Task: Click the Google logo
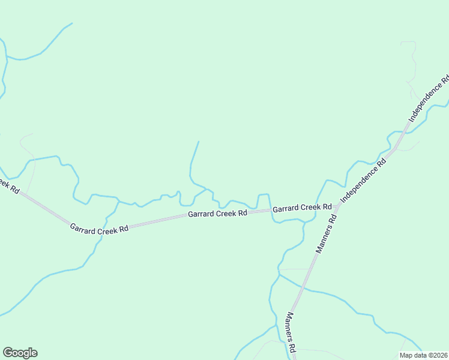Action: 20,353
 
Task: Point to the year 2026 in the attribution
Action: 441,355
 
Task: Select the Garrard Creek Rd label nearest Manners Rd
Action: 302,208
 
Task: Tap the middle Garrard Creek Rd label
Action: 217,214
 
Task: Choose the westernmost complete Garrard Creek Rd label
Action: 99,229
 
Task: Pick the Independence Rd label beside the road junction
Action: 362,178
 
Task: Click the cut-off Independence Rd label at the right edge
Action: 428,98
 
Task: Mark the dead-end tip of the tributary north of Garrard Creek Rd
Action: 199,142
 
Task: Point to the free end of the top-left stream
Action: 72,23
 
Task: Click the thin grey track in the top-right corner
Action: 412,60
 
